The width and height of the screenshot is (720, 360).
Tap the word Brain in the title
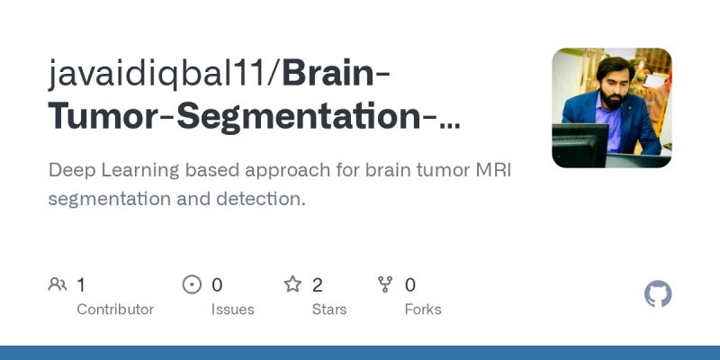click(x=328, y=73)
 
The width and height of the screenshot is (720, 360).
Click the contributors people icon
click(x=58, y=285)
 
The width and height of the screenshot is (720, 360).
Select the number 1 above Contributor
click(x=81, y=285)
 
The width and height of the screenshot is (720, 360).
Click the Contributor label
click(x=115, y=310)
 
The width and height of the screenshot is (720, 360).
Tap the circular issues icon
click(x=192, y=285)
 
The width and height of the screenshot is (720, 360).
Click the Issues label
click(x=233, y=310)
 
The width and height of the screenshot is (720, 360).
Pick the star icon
click(x=292, y=285)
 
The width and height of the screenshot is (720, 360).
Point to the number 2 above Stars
click(x=318, y=285)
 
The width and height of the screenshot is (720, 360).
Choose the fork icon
click(x=386, y=285)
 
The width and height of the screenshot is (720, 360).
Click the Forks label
click(x=423, y=310)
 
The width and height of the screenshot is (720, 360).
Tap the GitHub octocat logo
click(x=658, y=294)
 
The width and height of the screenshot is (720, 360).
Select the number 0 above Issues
click(x=217, y=285)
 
